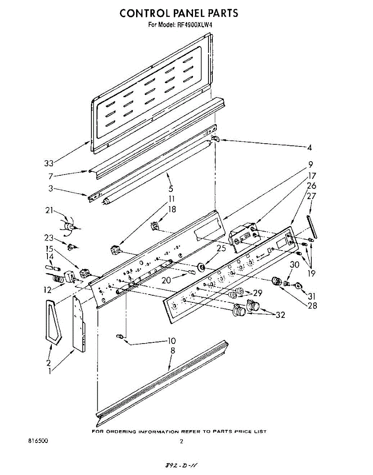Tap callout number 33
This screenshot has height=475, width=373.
point(49,163)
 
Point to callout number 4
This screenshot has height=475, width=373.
point(309,148)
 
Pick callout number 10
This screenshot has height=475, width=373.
point(171,341)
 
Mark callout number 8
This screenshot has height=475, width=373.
point(172,350)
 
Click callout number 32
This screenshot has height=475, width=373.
point(280,315)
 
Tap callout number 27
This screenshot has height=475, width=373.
point(311,196)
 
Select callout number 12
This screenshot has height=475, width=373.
point(48,290)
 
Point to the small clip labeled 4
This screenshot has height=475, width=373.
point(215,138)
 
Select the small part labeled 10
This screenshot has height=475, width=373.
point(119,336)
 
